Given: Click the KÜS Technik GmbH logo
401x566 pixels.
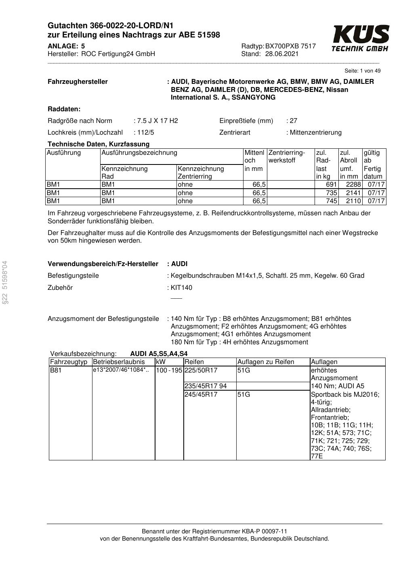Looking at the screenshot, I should pos(360,38).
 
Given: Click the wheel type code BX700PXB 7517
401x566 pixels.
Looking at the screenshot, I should pos(290,46).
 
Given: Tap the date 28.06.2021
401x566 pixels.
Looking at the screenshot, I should pos(282,54).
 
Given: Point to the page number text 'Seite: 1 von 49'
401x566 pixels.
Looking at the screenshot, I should pos(362,71).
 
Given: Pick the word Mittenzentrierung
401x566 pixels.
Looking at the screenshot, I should pos(316,133).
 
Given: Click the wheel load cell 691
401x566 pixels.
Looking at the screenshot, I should pos(331,185).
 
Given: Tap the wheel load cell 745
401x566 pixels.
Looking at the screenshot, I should pos(331,201).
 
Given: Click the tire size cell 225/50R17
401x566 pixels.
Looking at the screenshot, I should pos(201,370).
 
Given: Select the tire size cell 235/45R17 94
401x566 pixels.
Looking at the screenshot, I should pos(206,386).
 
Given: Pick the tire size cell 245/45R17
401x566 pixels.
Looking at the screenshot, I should pos(201,395).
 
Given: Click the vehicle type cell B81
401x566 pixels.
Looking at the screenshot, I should pos(56,370).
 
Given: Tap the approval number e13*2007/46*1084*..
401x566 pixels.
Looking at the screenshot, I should pos(121,370).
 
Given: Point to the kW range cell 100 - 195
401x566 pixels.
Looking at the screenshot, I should pos(169,370).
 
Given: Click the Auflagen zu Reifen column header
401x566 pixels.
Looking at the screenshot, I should pos(266,362).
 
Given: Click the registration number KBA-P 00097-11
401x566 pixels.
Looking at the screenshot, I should pos(264,531).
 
